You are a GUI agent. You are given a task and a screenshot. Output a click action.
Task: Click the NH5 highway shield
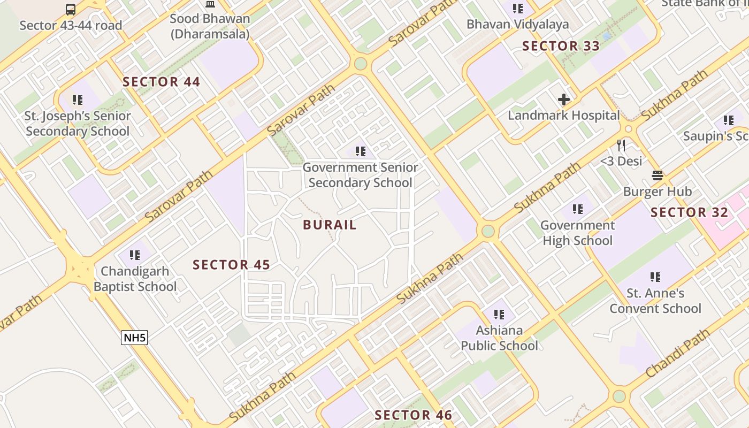(x=134, y=338)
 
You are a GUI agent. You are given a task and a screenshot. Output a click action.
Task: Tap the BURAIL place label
(x=330, y=225)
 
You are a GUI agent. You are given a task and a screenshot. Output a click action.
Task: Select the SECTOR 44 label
(x=161, y=82)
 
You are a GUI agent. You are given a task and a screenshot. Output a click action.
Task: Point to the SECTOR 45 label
(x=231, y=265)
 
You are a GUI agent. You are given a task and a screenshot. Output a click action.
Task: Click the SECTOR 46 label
(x=413, y=415)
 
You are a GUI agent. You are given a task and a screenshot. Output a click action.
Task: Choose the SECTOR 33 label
(x=561, y=46)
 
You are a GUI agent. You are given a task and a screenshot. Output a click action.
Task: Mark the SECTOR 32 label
(x=689, y=212)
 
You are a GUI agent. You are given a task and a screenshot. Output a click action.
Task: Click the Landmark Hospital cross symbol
(x=563, y=100)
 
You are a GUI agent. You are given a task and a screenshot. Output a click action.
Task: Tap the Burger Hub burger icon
(x=658, y=175)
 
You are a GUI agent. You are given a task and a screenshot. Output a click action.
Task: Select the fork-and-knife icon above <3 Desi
(x=621, y=145)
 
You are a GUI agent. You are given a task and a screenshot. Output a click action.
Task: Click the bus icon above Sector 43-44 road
(x=71, y=10)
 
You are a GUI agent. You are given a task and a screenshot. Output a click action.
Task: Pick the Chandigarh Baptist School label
(x=135, y=279)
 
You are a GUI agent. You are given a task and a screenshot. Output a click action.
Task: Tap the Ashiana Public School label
(x=499, y=338)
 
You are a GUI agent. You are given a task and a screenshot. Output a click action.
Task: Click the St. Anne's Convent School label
(x=655, y=301)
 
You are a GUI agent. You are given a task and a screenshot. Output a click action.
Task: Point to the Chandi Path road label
(x=677, y=354)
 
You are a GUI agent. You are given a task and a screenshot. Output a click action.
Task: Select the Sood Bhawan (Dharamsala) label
(x=210, y=26)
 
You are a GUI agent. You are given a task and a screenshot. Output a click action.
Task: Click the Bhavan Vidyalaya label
(x=517, y=24)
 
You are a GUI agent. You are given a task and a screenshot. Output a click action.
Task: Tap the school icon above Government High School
(x=577, y=209)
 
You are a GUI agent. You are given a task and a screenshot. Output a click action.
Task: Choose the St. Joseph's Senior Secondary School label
(x=78, y=124)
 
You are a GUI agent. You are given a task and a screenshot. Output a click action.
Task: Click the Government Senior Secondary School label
(x=360, y=175)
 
